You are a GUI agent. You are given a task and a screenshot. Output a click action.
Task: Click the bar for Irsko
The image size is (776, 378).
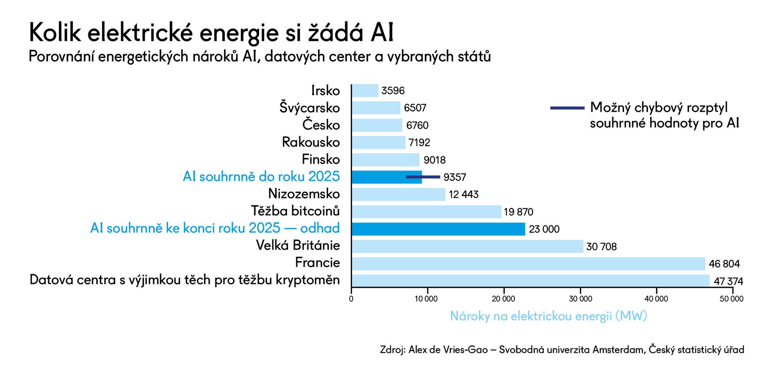[x=365, y=91]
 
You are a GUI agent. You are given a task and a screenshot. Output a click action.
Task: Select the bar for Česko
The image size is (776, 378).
[x=377, y=125]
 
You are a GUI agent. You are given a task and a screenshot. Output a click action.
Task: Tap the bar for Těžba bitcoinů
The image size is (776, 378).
[x=426, y=212]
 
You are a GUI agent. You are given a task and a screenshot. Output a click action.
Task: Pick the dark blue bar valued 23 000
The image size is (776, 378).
[x=438, y=229]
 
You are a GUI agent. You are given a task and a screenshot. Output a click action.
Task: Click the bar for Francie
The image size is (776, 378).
[x=528, y=264]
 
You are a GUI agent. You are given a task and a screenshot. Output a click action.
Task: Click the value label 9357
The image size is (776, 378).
[x=455, y=177]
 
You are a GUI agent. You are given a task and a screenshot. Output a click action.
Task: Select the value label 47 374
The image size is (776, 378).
[x=728, y=281]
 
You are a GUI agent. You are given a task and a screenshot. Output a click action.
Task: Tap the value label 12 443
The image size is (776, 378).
[x=464, y=195]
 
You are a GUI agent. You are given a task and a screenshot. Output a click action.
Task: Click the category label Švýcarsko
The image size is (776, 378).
[x=310, y=108]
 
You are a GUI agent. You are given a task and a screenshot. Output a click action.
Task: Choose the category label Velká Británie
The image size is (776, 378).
[x=298, y=245]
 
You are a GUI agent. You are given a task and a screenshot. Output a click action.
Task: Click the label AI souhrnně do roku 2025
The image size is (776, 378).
[x=261, y=177]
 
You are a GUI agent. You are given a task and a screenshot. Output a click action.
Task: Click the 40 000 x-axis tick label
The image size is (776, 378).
[x=656, y=299]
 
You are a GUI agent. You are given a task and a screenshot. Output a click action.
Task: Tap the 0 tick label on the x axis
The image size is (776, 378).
[x=351, y=299]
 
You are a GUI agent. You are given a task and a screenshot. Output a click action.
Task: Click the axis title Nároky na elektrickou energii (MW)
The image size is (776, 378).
[x=548, y=316]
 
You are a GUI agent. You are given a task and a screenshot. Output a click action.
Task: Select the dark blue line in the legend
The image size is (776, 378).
[x=567, y=108]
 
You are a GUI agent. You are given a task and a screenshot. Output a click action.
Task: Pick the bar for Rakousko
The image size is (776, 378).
[x=378, y=143]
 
